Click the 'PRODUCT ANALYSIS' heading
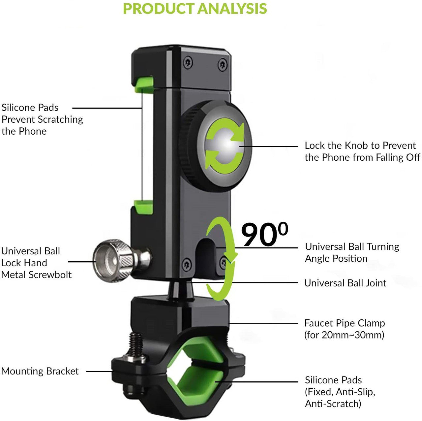195,9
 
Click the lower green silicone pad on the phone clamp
144,207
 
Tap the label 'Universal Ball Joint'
345,283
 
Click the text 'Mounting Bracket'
40,371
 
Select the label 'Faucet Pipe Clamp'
345,323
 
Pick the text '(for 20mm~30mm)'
344,335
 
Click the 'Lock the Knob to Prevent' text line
360,146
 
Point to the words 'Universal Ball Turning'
352,247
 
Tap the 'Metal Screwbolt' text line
36,275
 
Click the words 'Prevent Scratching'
42,119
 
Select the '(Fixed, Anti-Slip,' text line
340,392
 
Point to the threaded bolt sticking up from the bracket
136,343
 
